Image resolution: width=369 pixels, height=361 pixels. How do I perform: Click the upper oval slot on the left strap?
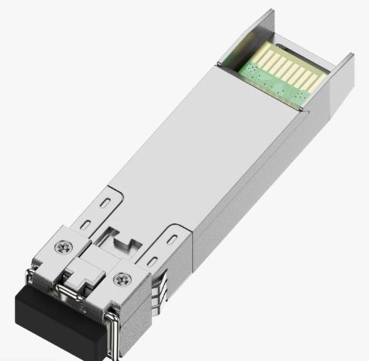tap(103, 202)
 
